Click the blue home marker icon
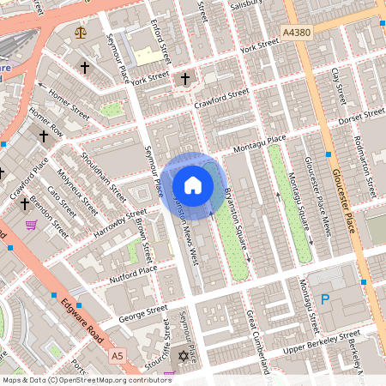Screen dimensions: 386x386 (x=193, y=185)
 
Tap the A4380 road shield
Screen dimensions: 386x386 (x=296, y=32)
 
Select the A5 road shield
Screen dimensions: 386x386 (x=118, y=355)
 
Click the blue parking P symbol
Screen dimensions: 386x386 (x=324, y=299)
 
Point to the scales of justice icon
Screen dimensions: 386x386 (x=81, y=33)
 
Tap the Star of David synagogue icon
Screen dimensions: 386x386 (x=182, y=356)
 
